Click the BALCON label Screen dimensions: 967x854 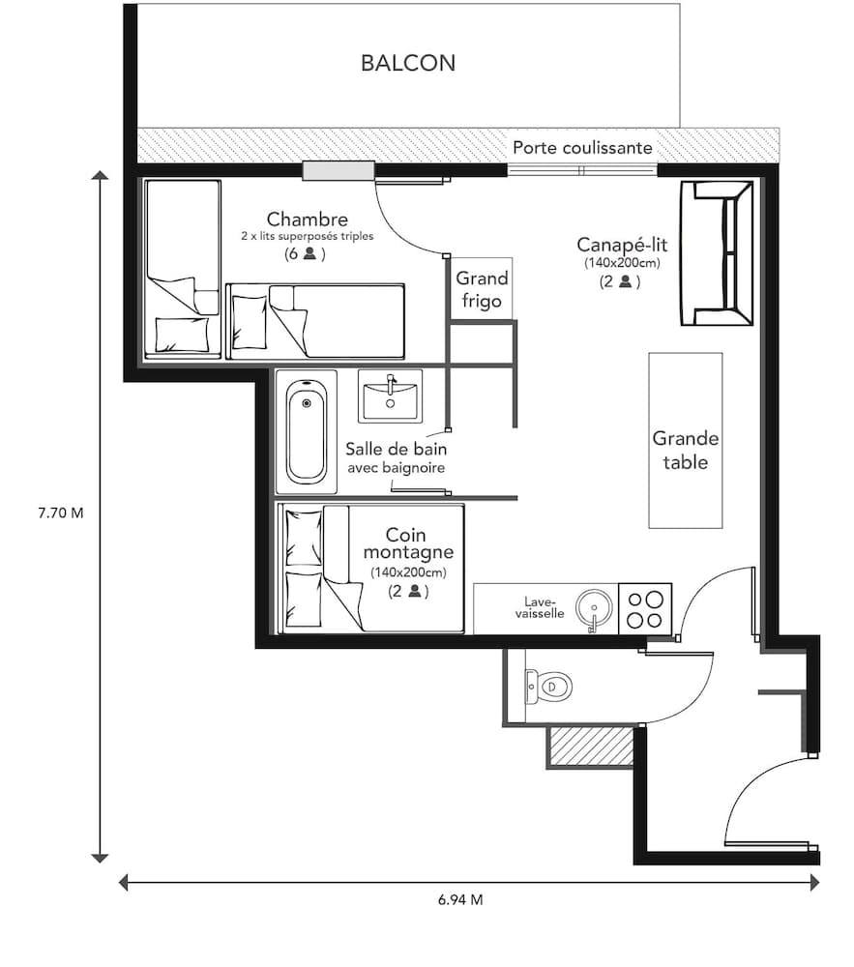tap(407, 64)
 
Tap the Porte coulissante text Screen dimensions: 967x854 tap(582, 148)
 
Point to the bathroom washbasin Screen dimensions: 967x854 tap(390, 396)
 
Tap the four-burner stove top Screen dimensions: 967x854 tap(644, 608)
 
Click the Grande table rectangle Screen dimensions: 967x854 tap(685, 441)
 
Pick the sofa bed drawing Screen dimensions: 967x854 tap(717, 253)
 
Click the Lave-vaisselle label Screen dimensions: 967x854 tap(538, 606)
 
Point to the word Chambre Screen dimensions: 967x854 tap(307, 220)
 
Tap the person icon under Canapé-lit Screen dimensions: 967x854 tap(627, 281)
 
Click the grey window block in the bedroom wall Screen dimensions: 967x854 tap(338, 171)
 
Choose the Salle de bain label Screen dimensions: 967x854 tap(397, 450)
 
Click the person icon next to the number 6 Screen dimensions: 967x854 tap(310, 254)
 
